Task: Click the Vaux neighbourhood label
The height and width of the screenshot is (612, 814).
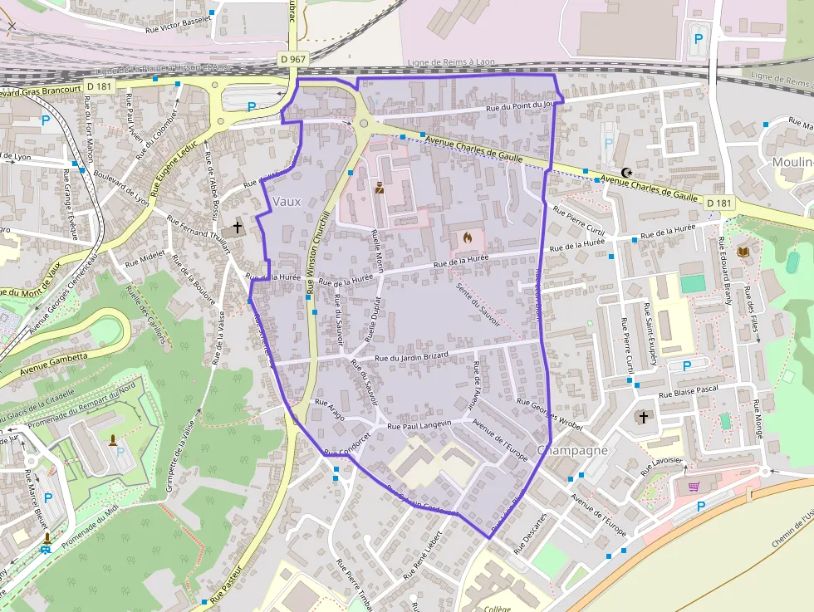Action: (x=287, y=201)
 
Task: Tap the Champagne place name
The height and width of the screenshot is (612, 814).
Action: (x=573, y=450)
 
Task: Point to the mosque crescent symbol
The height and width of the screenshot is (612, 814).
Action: (x=626, y=172)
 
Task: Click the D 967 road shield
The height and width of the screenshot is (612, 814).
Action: (x=292, y=59)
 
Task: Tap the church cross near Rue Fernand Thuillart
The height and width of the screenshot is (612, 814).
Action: (x=238, y=226)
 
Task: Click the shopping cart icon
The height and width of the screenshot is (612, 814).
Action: (x=694, y=487)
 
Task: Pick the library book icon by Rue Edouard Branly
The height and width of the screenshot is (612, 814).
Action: (x=743, y=251)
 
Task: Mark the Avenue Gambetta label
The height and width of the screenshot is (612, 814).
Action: (x=53, y=358)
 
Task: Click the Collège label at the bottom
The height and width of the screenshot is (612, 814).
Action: (x=498, y=608)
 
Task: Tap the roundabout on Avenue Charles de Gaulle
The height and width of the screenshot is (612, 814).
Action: (x=364, y=125)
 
